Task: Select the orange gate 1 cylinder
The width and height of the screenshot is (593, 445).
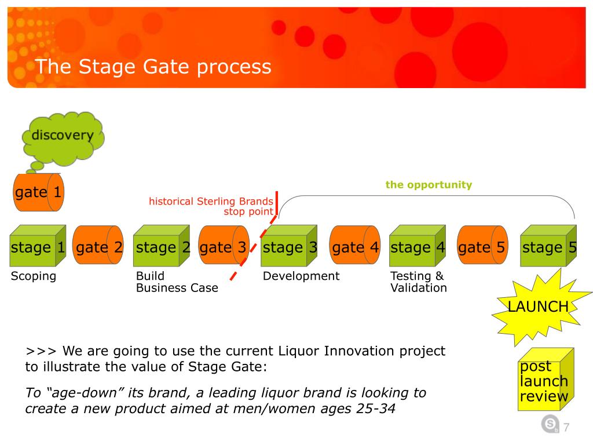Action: coord(38,192)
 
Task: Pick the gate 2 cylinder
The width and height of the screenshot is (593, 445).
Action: coord(99,247)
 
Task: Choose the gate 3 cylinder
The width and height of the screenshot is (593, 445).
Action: coord(223,247)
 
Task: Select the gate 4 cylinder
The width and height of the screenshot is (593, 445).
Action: coord(355,247)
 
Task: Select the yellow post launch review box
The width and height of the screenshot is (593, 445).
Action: coord(544,380)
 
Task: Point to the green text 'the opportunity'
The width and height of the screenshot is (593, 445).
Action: coord(429,185)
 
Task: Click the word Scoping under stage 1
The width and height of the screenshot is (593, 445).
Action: coord(34,276)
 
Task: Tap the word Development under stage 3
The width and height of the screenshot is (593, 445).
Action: coord(301,276)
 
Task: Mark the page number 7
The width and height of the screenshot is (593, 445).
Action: coord(566,428)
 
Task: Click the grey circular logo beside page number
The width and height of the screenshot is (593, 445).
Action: coord(550,425)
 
